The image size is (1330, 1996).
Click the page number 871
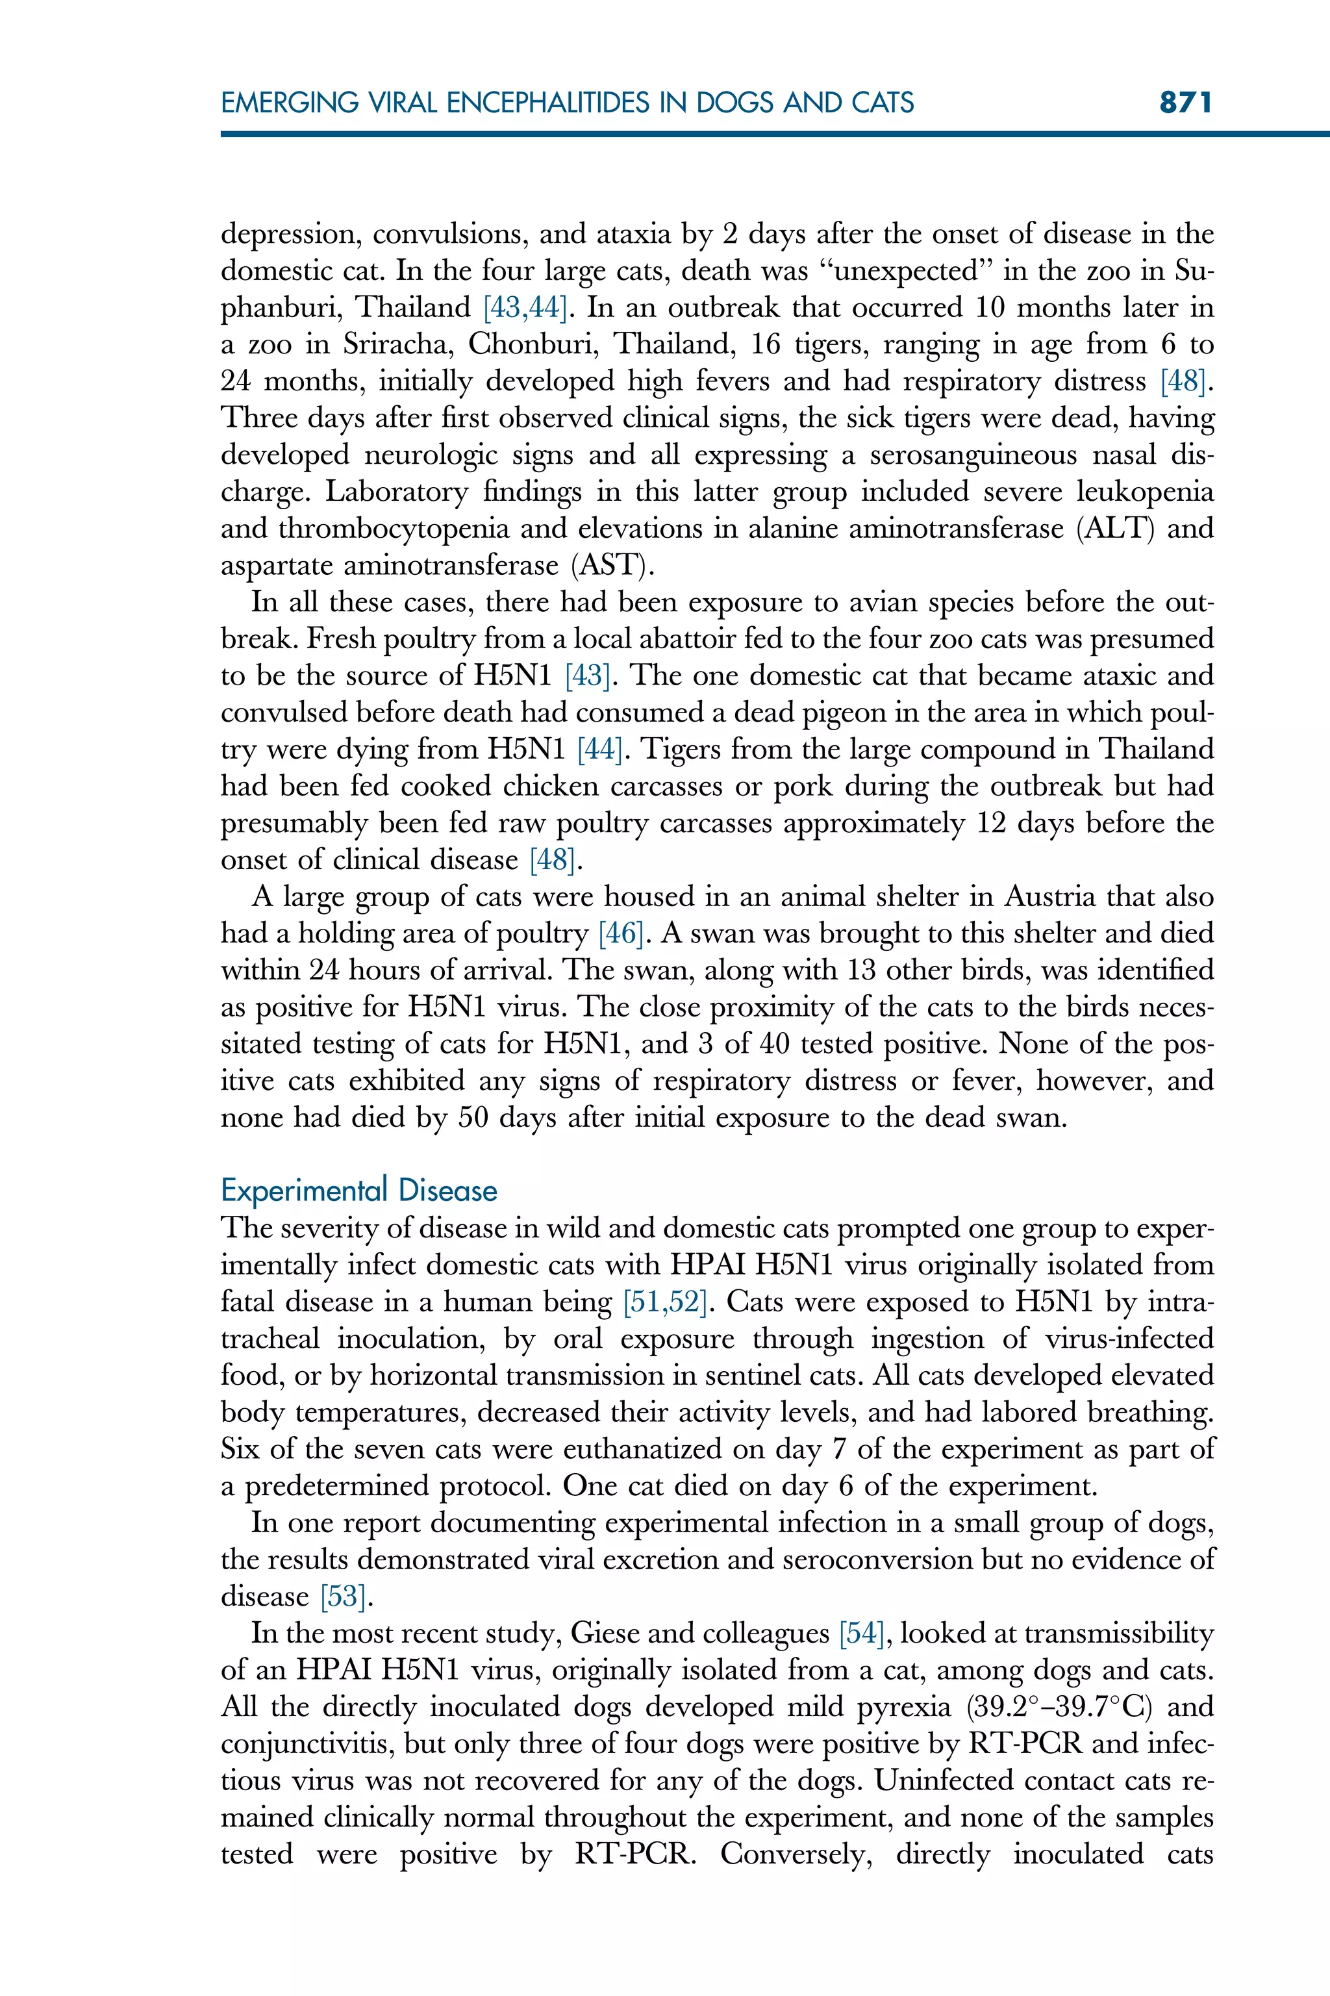click(1186, 103)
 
